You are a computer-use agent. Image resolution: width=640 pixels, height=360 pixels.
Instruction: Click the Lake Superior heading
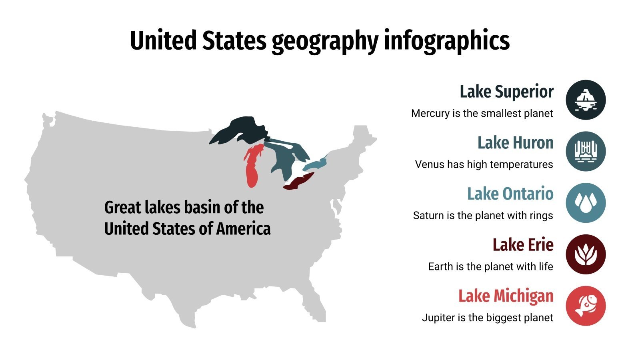coord(506,92)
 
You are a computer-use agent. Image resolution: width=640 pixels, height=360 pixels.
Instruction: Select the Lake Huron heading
coord(515,143)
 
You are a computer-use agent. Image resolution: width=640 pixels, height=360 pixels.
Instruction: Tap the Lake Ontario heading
coord(510,194)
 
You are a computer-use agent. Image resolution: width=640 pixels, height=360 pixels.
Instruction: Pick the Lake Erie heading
coord(523,245)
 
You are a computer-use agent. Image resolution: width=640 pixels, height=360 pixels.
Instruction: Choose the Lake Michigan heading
coord(506,296)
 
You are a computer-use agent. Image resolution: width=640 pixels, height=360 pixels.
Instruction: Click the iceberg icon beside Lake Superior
coord(586,100)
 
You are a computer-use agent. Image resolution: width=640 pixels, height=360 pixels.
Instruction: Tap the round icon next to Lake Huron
coord(586,151)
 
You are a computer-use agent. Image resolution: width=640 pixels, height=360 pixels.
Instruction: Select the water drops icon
coord(586,203)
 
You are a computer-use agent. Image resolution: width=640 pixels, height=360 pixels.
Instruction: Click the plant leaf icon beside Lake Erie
coord(586,254)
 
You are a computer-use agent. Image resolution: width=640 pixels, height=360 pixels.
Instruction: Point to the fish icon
coord(586,306)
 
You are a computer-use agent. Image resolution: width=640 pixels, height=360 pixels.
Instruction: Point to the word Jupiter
coord(438,318)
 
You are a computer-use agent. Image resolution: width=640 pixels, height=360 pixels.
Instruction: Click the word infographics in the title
coord(447,41)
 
